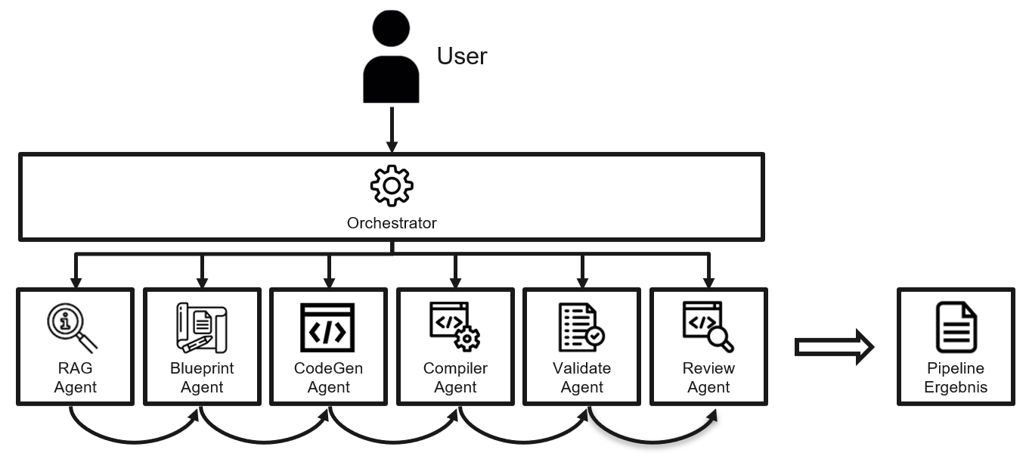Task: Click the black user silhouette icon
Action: click(391, 57)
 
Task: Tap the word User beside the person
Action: click(462, 56)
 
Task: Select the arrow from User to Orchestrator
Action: click(392, 130)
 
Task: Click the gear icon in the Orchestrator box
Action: click(392, 185)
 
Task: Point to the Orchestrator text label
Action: click(392, 223)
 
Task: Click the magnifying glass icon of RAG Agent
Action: click(72, 327)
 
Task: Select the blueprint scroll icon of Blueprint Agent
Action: click(202, 327)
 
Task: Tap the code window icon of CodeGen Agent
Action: click(327, 327)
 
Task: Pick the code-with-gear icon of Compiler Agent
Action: click(455, 326)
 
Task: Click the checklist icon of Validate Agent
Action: click(581, 327)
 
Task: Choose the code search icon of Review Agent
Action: click(708, 327)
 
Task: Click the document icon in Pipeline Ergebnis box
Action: click(956, 327)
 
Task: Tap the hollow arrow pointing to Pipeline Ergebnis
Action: click(834, 347)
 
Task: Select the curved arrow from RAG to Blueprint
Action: click(135, 442)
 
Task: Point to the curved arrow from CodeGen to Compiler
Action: click(394, 442)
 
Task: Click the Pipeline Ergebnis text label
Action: click(956, 377)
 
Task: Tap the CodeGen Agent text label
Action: click(328, 377)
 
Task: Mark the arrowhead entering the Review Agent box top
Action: click(708, 282)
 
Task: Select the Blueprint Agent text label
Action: click(202, 377)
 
